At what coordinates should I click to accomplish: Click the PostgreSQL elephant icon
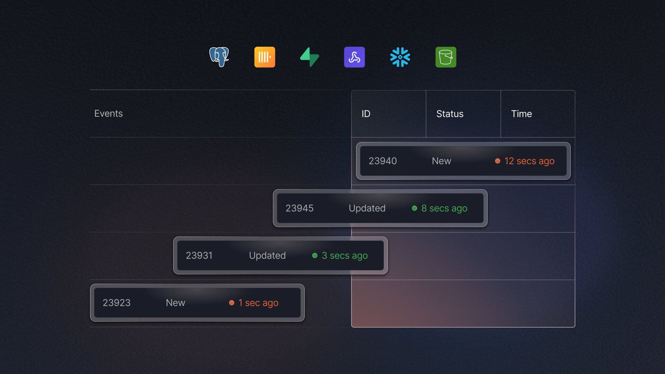[219, 57]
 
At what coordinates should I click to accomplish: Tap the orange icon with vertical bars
[265, 57]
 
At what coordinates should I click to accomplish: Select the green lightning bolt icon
[309, 57]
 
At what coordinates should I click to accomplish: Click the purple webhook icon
[354, 57]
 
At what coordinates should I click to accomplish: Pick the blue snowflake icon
[400, 57]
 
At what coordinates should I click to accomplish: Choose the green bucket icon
[446, 57]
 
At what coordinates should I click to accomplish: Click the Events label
[108, 114]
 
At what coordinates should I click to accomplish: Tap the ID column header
[366, 114]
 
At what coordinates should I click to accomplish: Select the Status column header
[450, 114]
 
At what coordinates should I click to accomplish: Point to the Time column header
[521, 114]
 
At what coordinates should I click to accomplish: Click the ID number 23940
[382, 161]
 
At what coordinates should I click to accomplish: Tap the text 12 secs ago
[529, 161]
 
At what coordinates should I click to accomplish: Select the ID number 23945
[299, 208]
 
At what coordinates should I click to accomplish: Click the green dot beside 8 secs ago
[414, 208]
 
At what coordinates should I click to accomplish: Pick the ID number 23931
[199, 256]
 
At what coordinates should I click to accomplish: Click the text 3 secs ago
[345, 256]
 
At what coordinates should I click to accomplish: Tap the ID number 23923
[116, 303]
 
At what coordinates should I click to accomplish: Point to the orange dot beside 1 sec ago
[232, 303]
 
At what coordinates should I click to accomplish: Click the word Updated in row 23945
[367, 208]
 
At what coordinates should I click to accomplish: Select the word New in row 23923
[175, 303]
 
